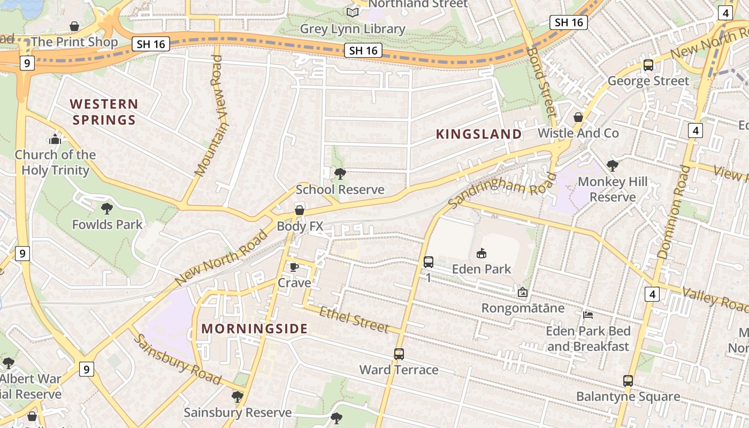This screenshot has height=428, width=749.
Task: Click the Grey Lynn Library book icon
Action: [x=352, y=12]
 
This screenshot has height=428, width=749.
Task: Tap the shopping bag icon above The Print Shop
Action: [x=74, y=26]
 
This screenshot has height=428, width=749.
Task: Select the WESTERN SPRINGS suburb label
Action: [x=104, y=111]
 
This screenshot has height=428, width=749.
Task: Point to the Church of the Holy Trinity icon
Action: [x=55, y=140]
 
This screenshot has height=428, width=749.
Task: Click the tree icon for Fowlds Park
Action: [x=107, y=208]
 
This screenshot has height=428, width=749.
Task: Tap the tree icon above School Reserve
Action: [x=340, y=173]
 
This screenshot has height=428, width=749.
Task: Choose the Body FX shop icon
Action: [x=300, y=210]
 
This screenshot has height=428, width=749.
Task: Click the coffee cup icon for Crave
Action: [x=294, y=267]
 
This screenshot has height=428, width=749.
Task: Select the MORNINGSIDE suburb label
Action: [x=255, y=328]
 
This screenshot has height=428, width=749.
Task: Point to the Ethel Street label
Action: [x=354, y=319]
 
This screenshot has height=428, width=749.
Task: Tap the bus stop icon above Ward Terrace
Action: [x=399, y=354]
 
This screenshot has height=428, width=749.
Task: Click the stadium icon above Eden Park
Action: [x=481, y=253]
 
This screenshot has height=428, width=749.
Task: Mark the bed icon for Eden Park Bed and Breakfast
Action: [x=588, y=315]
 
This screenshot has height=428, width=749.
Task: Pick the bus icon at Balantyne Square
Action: [x=628, y=381]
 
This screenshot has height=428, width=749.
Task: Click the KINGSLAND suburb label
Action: [x=478, y=134]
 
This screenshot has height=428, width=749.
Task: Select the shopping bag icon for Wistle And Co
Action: [x=578, y=117]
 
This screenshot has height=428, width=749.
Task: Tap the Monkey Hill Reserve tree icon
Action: [x=613, y=166]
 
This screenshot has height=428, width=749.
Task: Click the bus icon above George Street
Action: [x=648, y=65]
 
